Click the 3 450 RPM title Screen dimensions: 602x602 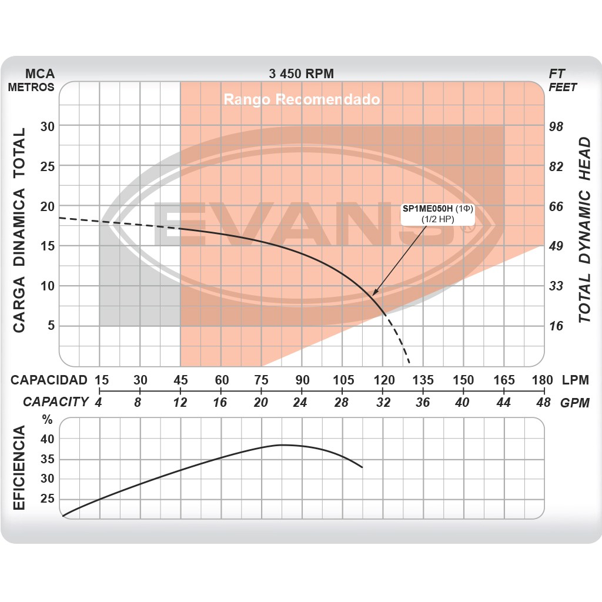pos(301,74)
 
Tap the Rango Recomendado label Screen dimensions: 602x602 pos(302,99)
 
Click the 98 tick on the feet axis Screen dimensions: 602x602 pos(556,127)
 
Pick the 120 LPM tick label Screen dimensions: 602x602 pos(383,380)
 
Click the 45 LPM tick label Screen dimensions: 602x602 pos(180,380)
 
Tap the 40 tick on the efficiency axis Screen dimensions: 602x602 pos(47,439)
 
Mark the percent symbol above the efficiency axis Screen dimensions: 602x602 pos(47,420)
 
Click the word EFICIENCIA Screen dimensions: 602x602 pos(19,469)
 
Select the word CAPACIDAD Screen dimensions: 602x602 pos(49,380)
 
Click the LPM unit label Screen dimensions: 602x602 pos(574,380)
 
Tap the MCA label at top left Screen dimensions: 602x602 pos(40,74)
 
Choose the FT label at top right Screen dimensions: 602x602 pos(557,74)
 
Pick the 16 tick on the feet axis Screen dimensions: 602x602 pos(556,326)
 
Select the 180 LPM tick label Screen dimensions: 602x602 pos(541,380)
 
